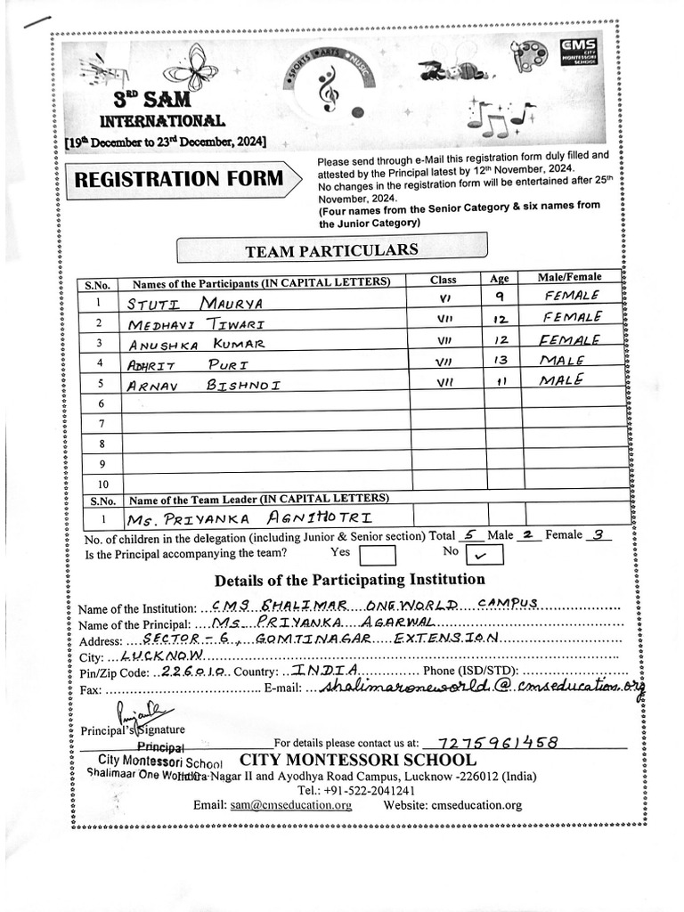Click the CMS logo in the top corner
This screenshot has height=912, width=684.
click(x=579, y=50)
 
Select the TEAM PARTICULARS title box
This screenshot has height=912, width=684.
click(x=331, y=250)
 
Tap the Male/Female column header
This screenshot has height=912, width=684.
click(x=569, y=278)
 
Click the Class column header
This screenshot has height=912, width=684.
click(x=443, y=279)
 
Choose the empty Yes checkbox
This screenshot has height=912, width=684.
click(x=377, y=555)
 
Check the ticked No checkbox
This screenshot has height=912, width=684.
click(x=484, y=555)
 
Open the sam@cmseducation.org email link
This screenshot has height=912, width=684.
click(x=290, y=805)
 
